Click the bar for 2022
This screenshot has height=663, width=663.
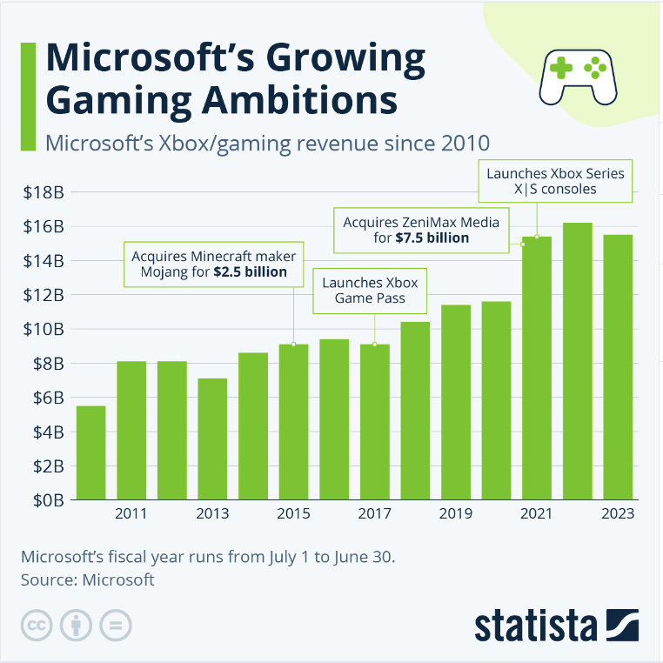578,361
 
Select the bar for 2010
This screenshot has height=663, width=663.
91,452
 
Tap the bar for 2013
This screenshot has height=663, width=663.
213,439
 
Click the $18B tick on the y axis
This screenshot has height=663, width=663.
44,192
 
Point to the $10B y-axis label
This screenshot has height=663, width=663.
44,329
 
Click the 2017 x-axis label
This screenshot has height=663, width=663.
375,514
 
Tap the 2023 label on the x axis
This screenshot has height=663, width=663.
618,514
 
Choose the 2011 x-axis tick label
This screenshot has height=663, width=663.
131,514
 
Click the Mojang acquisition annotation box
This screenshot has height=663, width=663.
213,264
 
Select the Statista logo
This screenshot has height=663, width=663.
557,624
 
